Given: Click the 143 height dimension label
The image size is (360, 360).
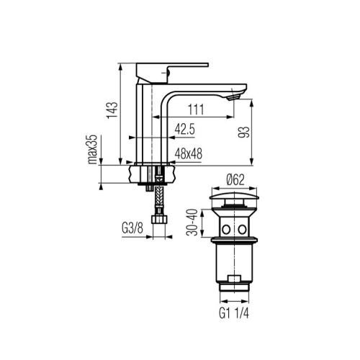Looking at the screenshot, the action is click(x=113, y=110).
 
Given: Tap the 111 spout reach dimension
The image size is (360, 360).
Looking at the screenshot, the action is click(x=196, y=109).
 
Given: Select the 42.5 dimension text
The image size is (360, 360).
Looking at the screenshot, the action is click(x=184, y=130).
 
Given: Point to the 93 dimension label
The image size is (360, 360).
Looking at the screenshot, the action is click(x=244, y=132).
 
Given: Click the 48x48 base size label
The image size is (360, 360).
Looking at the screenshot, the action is click(x=189, y=154).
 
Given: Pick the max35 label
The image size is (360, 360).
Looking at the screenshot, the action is click(x=92, y=149).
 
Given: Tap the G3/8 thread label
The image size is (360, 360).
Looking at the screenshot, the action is click(x=132, y=228).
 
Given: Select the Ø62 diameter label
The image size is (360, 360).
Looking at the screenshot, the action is click(x=235, y=180).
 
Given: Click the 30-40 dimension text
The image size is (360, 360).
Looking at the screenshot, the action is click(x=192, y=222).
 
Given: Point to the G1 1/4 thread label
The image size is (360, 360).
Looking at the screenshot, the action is click(x=234, y=313).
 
